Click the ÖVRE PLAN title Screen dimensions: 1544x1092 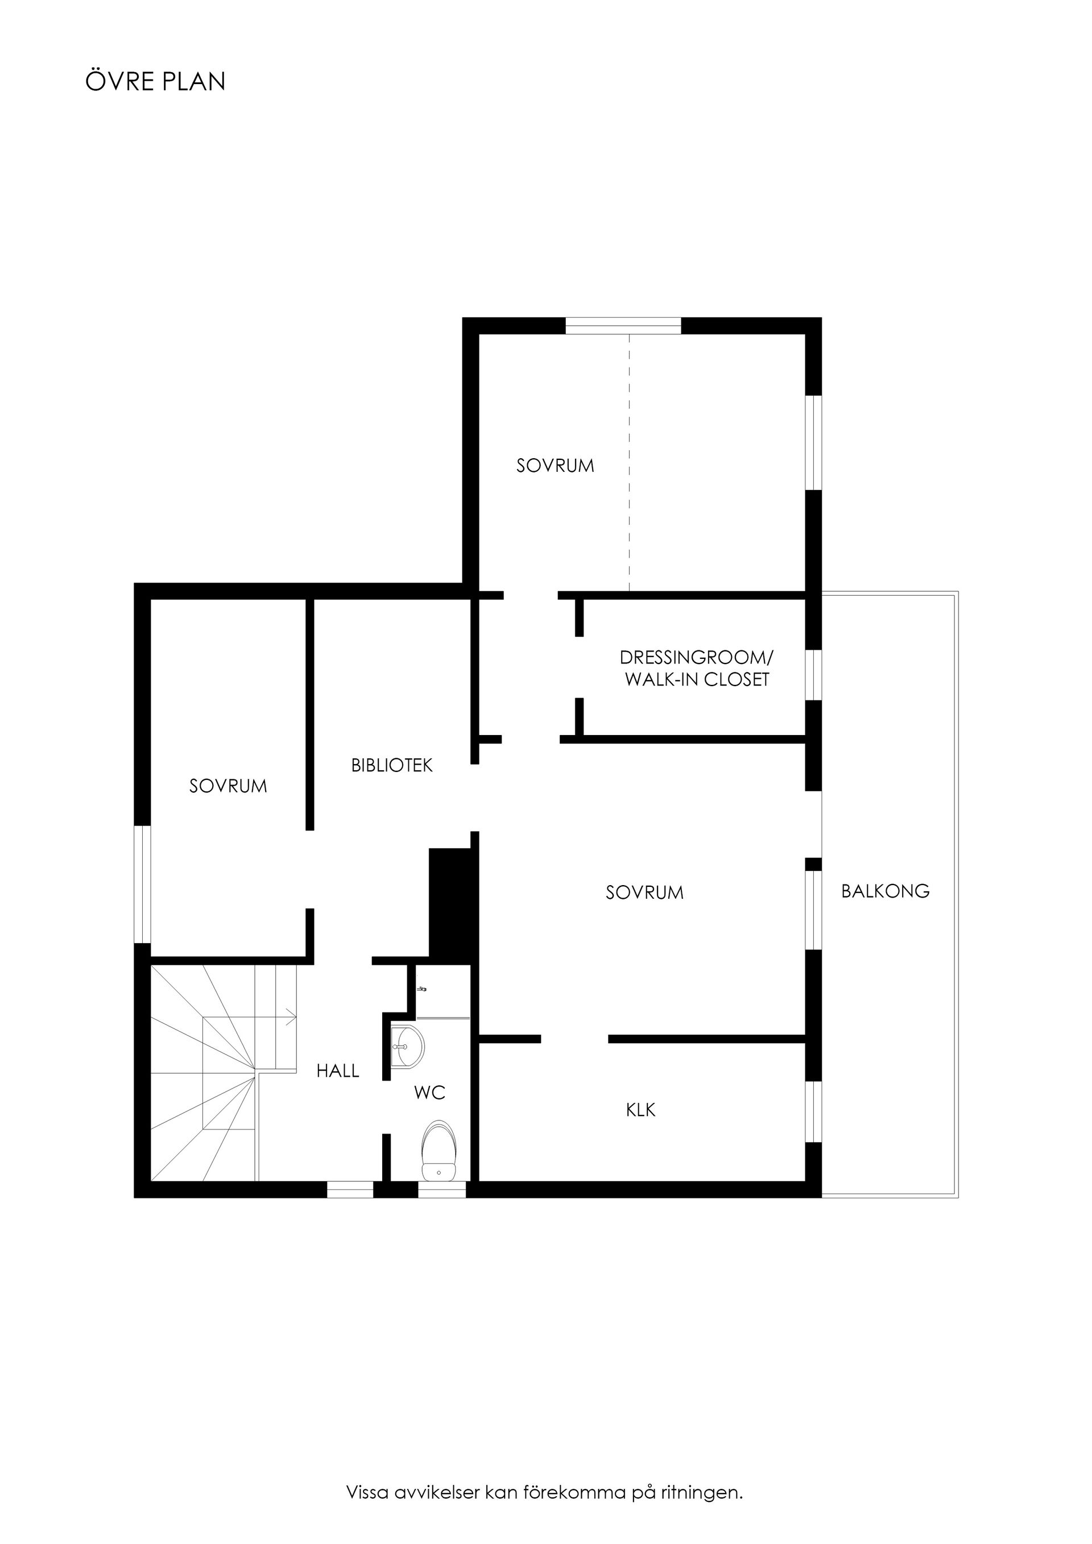[155, 81]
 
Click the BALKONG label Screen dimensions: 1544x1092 [885, 891]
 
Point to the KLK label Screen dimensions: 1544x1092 [640, 1110]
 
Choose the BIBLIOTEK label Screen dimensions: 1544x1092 [392, 765]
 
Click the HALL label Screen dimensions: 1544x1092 [338, 1070]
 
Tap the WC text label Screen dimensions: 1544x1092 [429, 1093]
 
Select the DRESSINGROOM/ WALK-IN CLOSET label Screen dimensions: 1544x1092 [696, 669]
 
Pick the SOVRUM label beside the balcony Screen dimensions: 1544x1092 [644, 893]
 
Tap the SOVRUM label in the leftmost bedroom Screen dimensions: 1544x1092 [228, 786]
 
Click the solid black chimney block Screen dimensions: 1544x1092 [449, 902]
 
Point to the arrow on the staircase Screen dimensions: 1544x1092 [291, 1018]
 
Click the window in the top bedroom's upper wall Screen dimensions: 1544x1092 [623, 326]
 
